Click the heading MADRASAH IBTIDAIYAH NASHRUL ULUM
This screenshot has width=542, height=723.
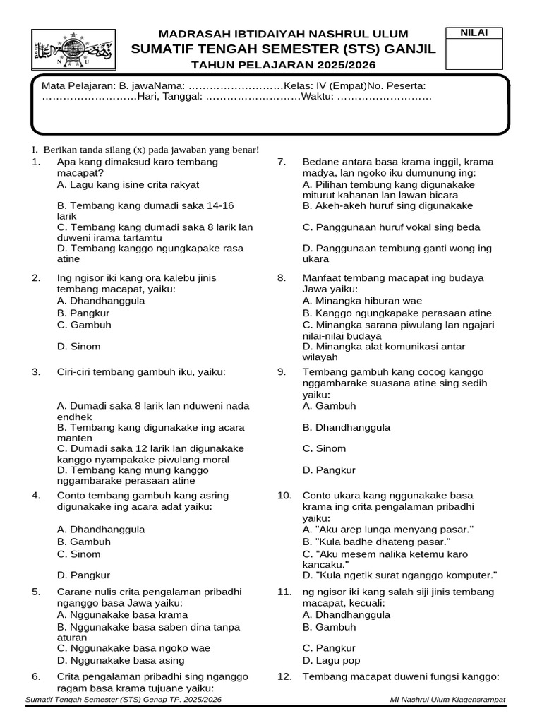pos(283,34)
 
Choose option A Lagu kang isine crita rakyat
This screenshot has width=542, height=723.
pos(128,184)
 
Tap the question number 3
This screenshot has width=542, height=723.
pos(36,371)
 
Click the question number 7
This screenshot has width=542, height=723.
pos(281,162)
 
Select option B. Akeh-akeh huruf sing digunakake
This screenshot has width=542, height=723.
pos(387,205)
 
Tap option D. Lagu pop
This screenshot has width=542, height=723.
pos(331,660)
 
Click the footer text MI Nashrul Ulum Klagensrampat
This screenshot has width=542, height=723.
pos(447,699)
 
